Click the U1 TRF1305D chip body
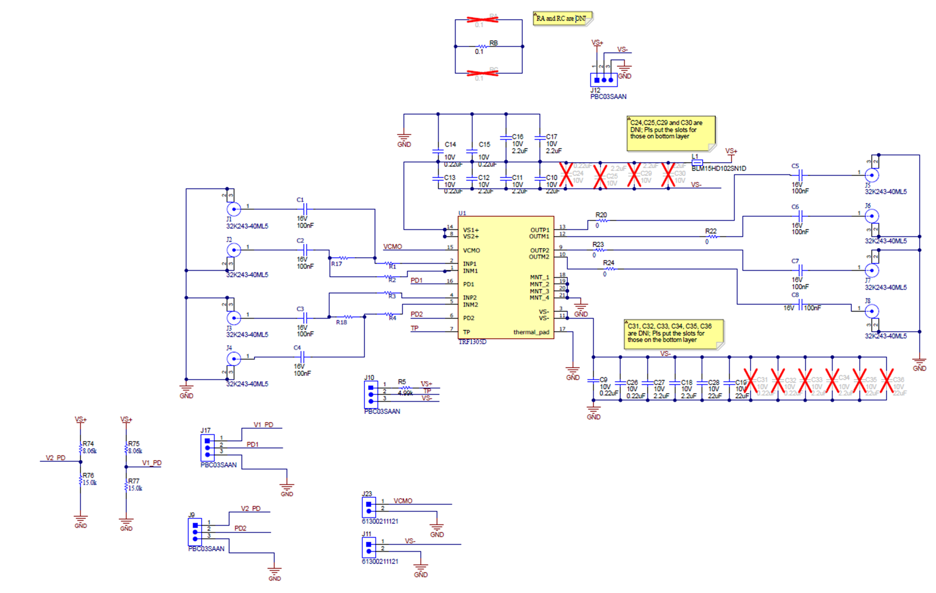(x=505, y=277)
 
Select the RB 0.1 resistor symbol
(x=482, y=47)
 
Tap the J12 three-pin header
(x=603, y=80)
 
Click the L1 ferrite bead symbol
(x=697, y=162)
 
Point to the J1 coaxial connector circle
(x=234, y=209)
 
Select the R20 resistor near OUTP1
(x=602, y=220)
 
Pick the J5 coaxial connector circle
(x=872, y=175)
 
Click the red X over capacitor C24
(x=566, y=175)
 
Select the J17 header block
(x=207, y=447)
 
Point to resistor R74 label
(x=88, y=444)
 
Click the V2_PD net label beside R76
(x=55, y=458)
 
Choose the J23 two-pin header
(x=369, y=507)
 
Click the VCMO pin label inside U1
(x=471, y=250)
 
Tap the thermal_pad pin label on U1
(x=531, y=332)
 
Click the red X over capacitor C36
(x=887, y=381)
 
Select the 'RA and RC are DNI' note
(x=562, y=18)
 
